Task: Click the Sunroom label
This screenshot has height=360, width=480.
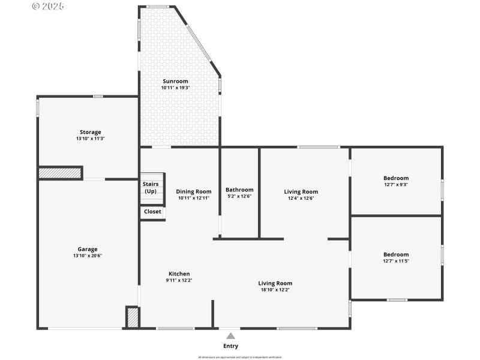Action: click(175, 81)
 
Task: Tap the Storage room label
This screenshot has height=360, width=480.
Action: click(91, 132)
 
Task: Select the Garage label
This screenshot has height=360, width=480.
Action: click(88, 249)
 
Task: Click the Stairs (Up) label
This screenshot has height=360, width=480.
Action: click(150, 187)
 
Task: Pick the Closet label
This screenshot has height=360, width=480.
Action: click(152, 211)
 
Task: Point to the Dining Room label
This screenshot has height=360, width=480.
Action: click(193, 191)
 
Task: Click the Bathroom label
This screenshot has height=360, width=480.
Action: click(239, 190)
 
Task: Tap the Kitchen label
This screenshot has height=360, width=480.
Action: click(179, 274)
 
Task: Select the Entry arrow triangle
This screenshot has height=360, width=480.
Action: click(230, 336)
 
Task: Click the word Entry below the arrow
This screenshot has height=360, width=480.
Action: click(230, 346)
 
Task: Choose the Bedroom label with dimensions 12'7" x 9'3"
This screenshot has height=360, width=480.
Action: click(396, 178)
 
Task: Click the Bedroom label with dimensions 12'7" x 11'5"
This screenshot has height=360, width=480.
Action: click(396, 254)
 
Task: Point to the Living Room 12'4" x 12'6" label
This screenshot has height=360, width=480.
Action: click(301, 191)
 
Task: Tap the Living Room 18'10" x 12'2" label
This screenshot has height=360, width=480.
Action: click(275, 283)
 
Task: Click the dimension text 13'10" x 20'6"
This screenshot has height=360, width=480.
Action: click(88, 256)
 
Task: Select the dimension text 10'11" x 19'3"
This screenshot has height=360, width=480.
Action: click(175, 88)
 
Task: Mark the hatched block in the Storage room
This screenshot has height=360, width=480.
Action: click(60, 173)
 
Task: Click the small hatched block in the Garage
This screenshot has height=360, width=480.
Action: click(133, 317)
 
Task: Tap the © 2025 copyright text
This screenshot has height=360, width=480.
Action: click(48, 6)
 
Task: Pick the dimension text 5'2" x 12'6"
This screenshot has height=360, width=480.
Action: click(239, 196)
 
